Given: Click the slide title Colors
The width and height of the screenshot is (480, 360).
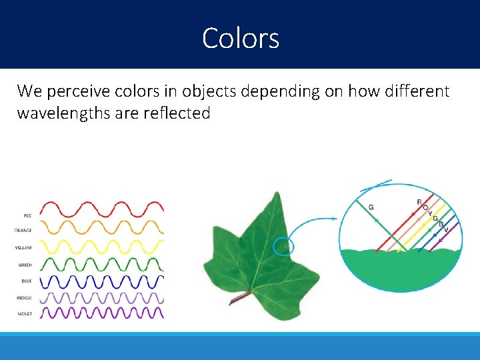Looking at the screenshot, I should click(x=241, y=38).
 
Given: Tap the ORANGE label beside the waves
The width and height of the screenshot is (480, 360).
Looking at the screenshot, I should click(x=23, y=230).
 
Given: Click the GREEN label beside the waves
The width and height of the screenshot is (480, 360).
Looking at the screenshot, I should click(x=25, y=265).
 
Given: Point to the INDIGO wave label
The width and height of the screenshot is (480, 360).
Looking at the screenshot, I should click(x=24, y=297).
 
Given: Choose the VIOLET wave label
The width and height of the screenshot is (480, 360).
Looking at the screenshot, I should click(x=25, y=313).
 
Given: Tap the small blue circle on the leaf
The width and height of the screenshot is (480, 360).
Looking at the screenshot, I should click(x=283, y=246).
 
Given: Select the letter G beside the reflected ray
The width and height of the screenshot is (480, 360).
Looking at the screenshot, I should click(x=371, y=207).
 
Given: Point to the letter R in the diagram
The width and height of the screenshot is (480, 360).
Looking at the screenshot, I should click(x=419, y=202).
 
